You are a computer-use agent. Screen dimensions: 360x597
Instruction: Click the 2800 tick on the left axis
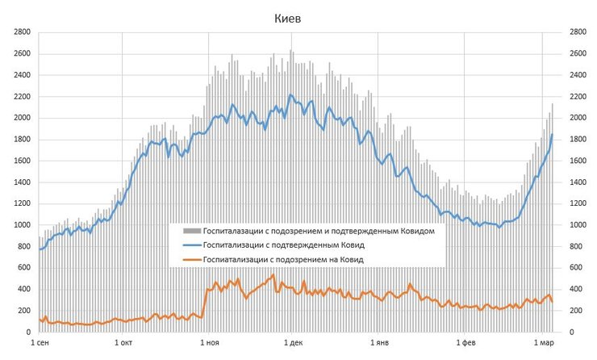coord(22,32)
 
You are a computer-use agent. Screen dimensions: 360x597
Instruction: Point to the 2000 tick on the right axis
coord(578,118)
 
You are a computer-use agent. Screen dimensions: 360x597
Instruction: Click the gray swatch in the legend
coord(191,230)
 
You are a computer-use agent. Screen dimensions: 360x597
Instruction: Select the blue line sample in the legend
coord(191,245)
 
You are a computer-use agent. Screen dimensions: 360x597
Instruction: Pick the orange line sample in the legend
coord(191,259)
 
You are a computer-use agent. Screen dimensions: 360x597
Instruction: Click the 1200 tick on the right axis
coord(578,203)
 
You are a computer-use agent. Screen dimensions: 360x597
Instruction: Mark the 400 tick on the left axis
coord(24,289)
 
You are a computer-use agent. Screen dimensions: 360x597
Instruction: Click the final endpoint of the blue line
coord(553,134)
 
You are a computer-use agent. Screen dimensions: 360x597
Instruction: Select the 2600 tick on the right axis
coord(578,54)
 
